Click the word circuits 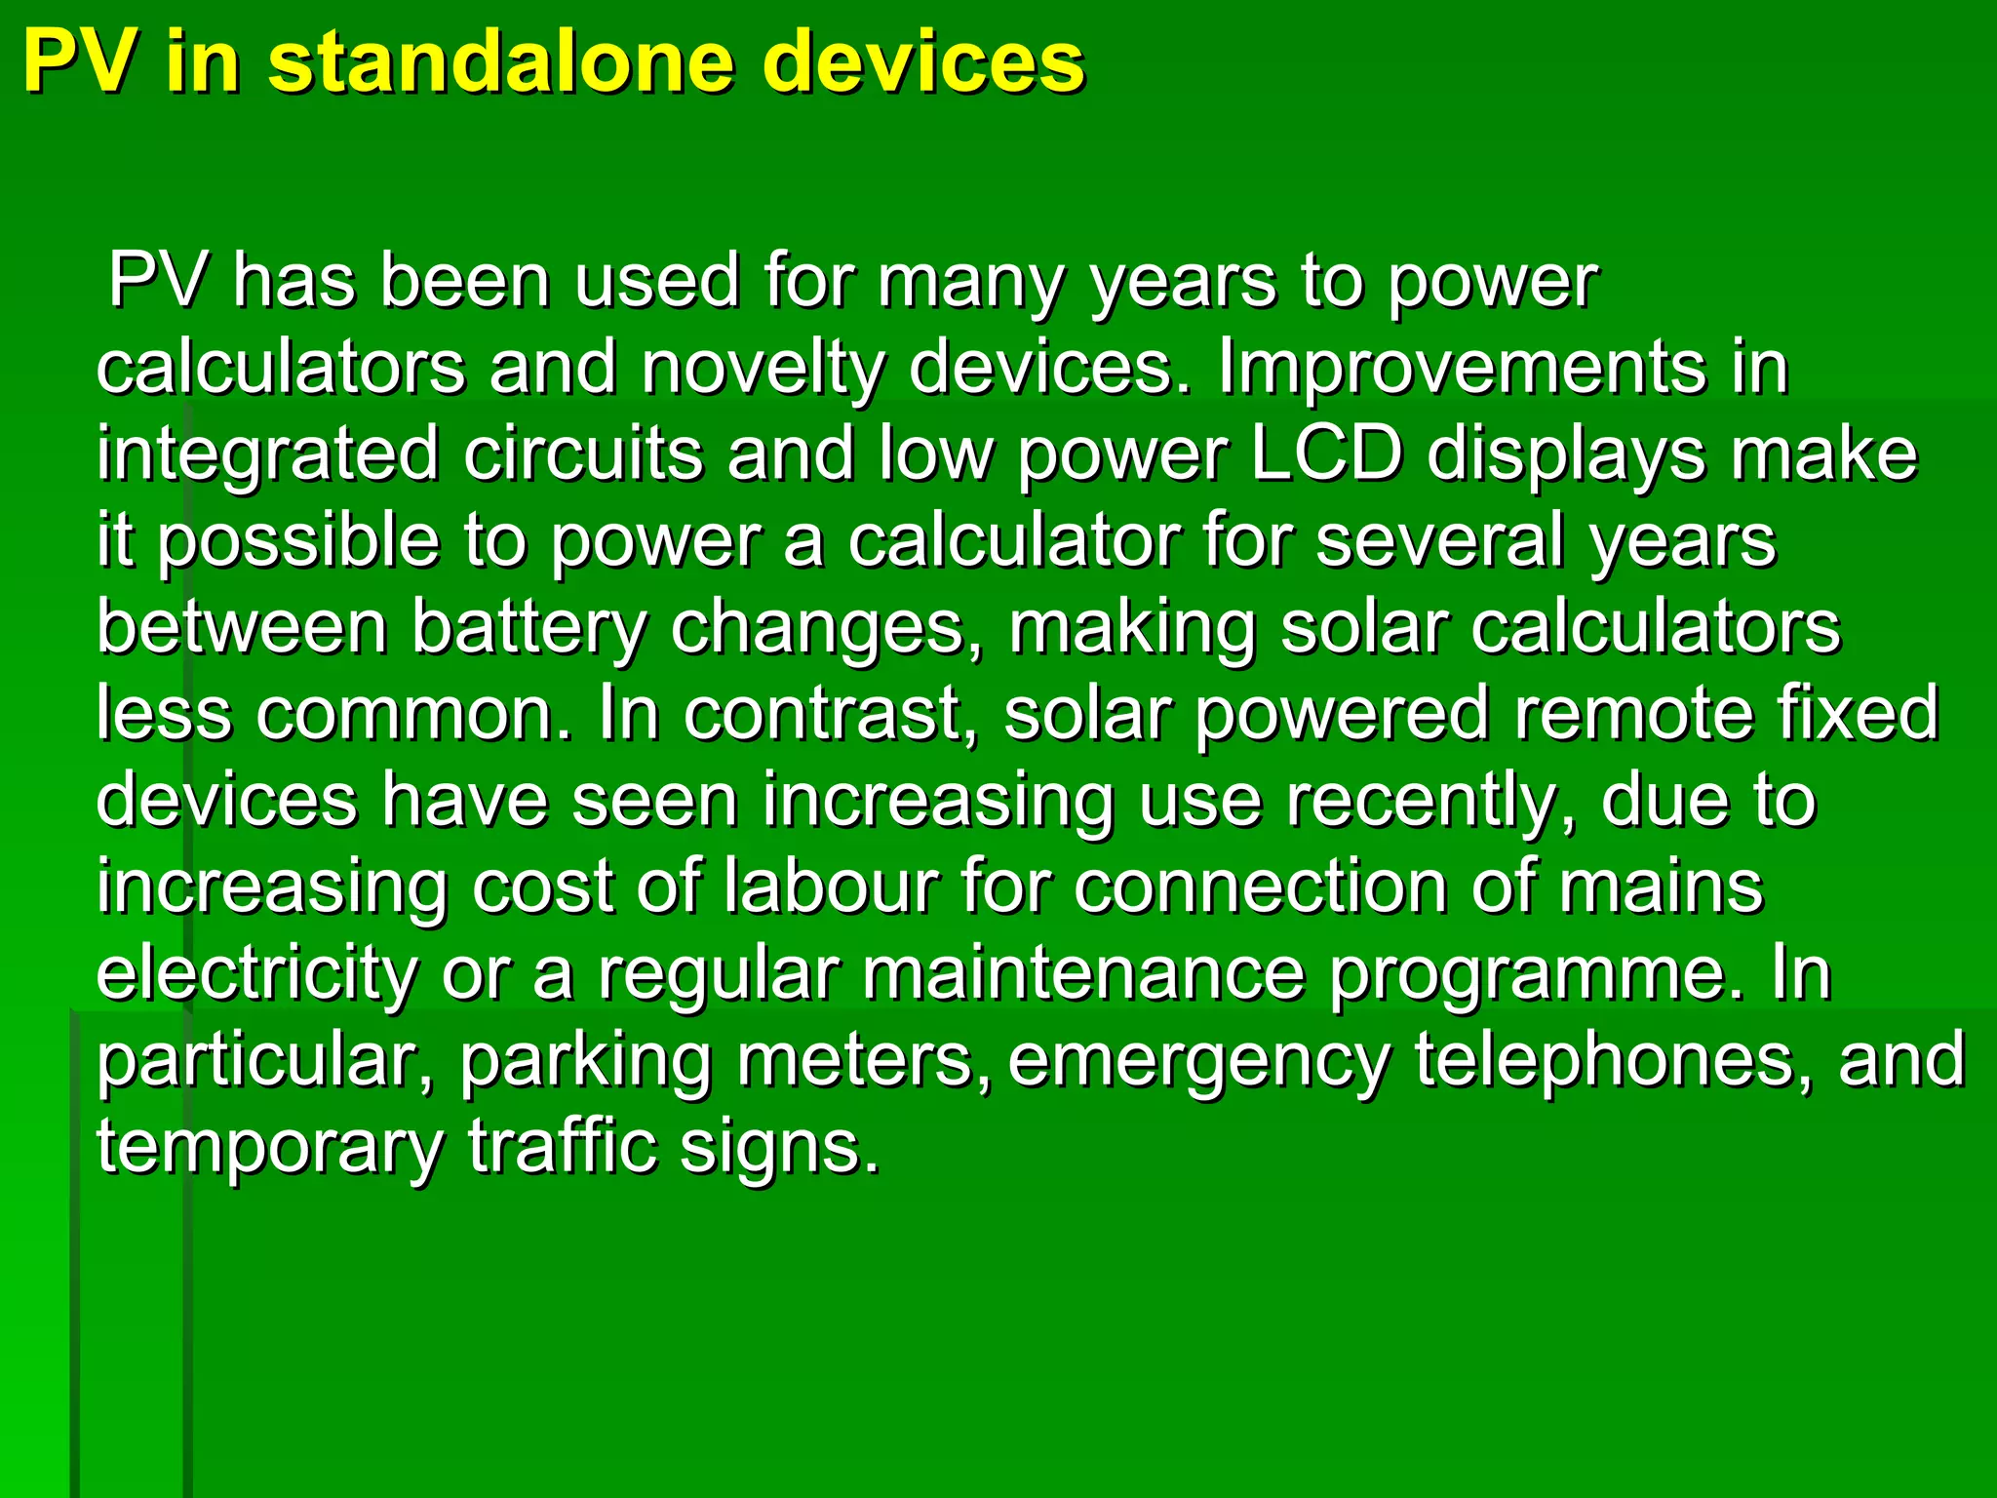click(583, 454)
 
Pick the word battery click(529, 627)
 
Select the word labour click(832, 887)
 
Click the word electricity click(256, 973)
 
